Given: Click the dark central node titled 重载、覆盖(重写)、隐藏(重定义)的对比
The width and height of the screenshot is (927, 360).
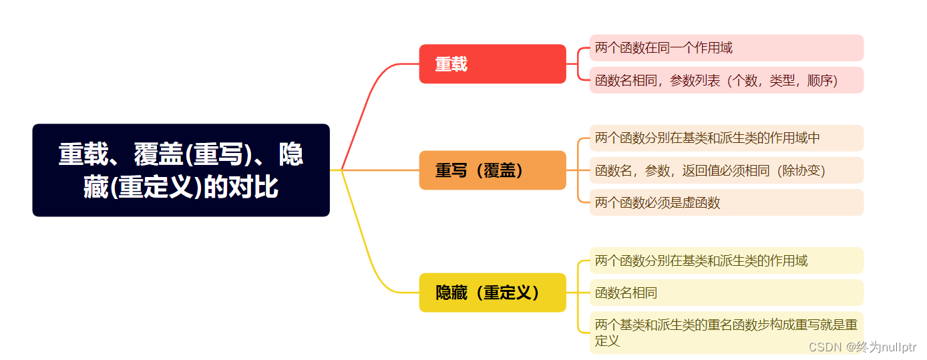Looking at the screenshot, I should (x=180, y=170).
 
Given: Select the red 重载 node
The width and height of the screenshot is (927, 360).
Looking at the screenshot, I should (x=492, y=64).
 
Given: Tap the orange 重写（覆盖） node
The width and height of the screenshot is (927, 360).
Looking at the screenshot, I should (x=492, y=170).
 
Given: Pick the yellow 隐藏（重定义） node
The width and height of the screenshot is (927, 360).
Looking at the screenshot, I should (x=492, y=293).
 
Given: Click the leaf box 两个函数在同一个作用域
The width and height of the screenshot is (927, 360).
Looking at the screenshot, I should (x=726, y=48).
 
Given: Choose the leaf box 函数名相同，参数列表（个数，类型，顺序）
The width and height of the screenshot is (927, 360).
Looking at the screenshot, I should (x=726, y=80).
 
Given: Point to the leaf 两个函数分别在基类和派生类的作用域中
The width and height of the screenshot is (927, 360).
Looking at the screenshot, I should (x=726, y=138).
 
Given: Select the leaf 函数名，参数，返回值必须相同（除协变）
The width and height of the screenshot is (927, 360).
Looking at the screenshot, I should (x=726, y=170).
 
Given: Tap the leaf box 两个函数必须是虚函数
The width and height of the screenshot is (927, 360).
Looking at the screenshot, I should (x=726, y=202).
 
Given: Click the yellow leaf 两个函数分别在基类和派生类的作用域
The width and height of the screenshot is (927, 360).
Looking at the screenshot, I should (x=726, y=260).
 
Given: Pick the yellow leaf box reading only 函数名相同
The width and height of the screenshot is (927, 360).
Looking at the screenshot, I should (x=726, y=293).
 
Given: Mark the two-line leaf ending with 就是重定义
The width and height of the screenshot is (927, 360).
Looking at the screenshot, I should (x=726, y=332).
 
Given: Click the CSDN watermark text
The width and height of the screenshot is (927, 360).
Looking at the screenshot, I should (x=862, y=347).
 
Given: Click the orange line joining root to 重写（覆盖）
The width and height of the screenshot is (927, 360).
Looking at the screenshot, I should (x=381, y=170).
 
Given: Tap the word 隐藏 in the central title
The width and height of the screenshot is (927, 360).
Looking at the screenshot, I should (x=291, y=155).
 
